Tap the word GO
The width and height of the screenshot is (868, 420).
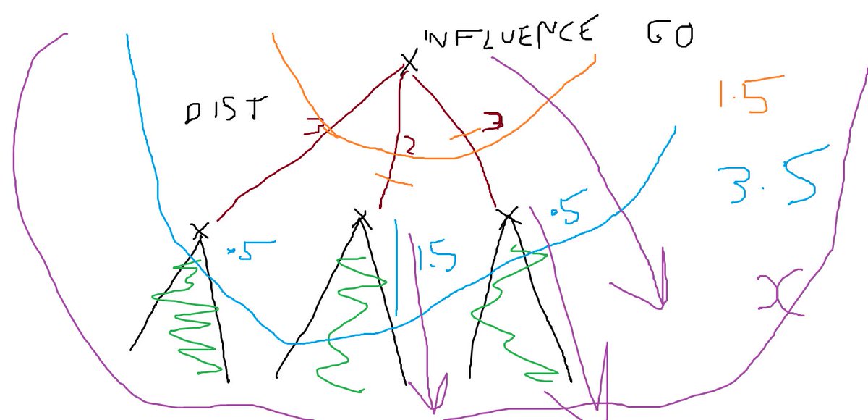[x=668, y=34]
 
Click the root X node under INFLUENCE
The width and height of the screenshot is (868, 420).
[x=409, y=62]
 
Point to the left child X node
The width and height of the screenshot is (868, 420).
[x=200, y=231]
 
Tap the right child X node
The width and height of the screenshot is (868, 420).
[x=509, y=214]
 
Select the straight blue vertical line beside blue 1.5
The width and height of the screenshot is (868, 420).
[x=396, y=268]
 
